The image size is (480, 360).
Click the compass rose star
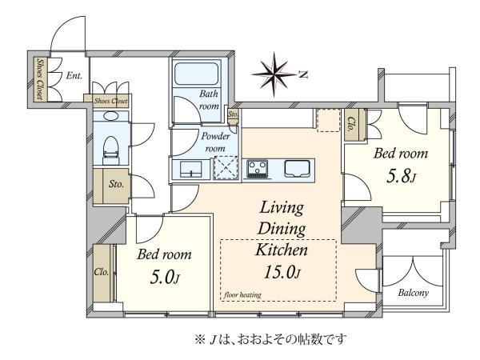pyautogui.click(x=274, y=74)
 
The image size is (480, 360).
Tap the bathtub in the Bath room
pyautogui.click(x=196, y=74)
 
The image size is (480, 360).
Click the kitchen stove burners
pyautogui.click(x=257, y=169)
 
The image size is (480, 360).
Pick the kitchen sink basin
pyautogui.click(x=297, y=169)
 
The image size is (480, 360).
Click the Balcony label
pyautogui.click(x=413, y=293)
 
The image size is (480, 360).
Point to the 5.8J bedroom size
pyautogui.click(x=401, y=177)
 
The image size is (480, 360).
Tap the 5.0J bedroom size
pyautogui.click(x=164, y=277)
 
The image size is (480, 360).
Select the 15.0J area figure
pyautogui.click(x=282, y=272)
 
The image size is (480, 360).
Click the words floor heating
pyautogui.click(x=242, y=294)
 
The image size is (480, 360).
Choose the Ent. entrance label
pyautogui.click(x=74, y=75)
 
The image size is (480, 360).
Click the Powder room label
pyautogui.click(x=215, y=142)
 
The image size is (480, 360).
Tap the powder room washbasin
pyautogui.click(x=190, y=170)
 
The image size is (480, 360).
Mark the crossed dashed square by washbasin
pyautogui.click(x=226, y=167)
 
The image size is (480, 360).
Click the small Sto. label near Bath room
pyautogui.click(x=233, y=114)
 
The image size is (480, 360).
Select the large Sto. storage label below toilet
pyautogui.click(x=116, y=184)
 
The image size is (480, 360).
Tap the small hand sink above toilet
pyautogui.click(x=110, y=116)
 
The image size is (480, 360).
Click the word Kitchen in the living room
pyautogui.click(x=282, y=250)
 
